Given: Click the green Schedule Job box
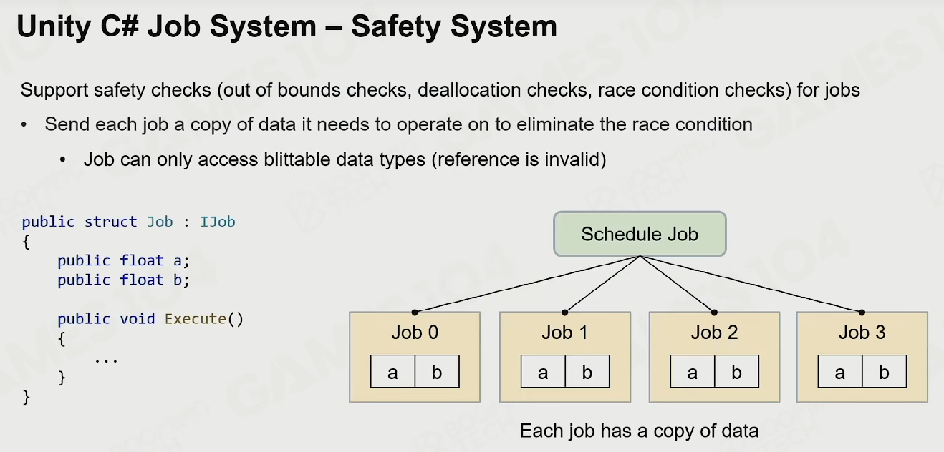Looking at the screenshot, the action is [640, 234].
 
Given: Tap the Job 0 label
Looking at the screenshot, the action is [415, 333].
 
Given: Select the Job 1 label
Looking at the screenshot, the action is [564, 333].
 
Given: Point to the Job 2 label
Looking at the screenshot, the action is [714, 333].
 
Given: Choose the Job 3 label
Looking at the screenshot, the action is [862, 333].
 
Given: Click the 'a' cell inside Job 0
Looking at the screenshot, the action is [392, 372].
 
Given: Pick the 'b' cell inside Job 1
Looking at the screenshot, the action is [587, 372].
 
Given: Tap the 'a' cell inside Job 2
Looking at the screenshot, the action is [693, 372].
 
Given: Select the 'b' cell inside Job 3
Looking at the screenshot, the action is [884, 372].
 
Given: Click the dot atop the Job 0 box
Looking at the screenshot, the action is [415, 313].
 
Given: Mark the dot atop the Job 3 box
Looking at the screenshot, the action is [862, 313].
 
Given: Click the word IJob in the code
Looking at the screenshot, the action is [218, 222].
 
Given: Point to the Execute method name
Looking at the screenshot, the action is [196, 319].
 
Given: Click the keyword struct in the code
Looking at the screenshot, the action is [110, 222].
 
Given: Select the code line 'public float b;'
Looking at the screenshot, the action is [123, 280].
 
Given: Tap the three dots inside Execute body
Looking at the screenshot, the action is [106, 360].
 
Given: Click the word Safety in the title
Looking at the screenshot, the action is [396, 27].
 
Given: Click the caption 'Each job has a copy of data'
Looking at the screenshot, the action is [639, 431].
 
